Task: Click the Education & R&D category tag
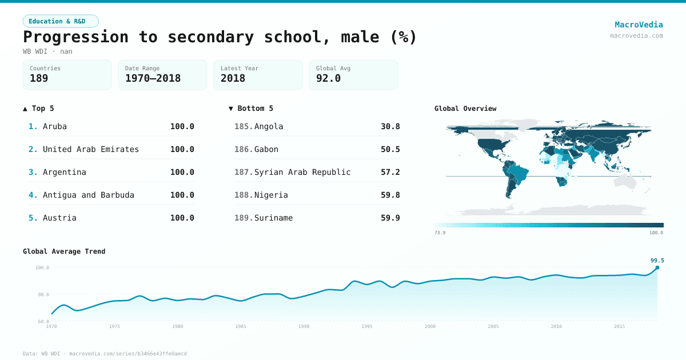(x=61, y=21)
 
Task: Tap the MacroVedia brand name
(x=639, y=25)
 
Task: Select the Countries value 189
(x=39, y=78)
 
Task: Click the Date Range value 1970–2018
(x=153, y=78)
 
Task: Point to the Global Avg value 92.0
(x=328, y=78)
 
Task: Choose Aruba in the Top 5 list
(x=55, y=126)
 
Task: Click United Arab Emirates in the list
(x=91, y=149)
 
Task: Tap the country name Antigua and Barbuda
(x=89, y=195)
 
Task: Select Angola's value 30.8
(x=390, y=126)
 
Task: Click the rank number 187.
(x=244, y=172)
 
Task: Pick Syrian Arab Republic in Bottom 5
(x=302, y=172)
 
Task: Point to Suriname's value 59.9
(x=390, y=218)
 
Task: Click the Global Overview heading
(x=465, y=109)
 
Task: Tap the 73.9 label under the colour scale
(x=440, y=233)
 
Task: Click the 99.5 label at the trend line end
(x=657, y=261)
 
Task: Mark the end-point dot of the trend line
(x=657, y=267)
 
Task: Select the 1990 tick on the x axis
(x=304, y=326)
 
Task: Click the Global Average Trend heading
(x=64, y=251)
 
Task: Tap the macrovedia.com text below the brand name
(x=636, y=35)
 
